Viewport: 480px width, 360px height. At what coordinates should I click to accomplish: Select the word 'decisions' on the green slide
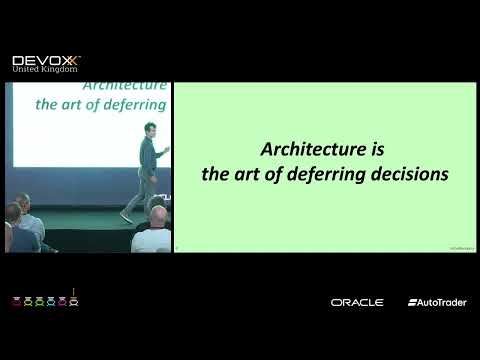click(x=411, y=173)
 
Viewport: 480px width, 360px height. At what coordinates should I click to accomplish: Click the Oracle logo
click(x=357, y=302)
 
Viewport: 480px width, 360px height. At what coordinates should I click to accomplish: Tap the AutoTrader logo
click(x=437, y=302)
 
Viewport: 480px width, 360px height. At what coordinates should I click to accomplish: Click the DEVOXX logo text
click(x=46, y=61)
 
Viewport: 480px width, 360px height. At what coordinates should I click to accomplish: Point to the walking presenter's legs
click(x=143, y=195)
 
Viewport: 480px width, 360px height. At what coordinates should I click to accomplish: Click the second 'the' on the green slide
click(x=215, y=173)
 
